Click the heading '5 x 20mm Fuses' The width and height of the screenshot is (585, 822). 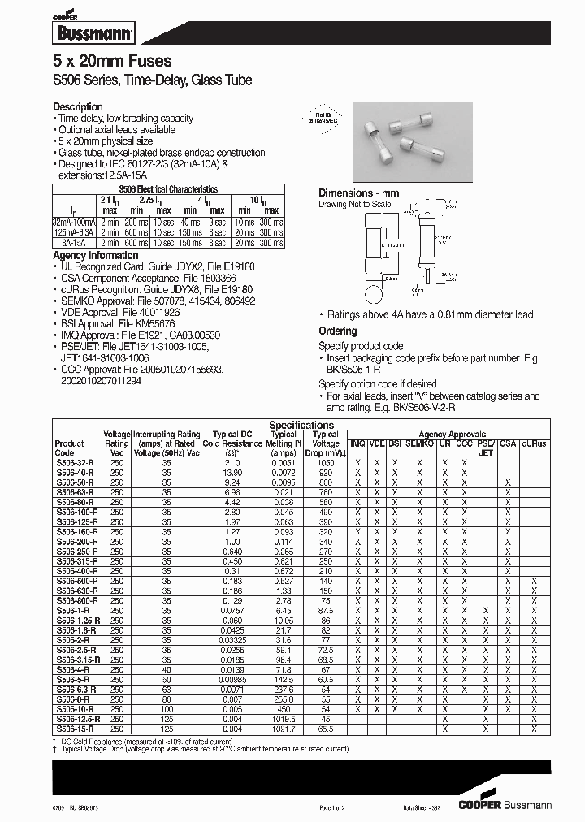(112, 62)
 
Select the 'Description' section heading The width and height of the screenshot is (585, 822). (78, 107)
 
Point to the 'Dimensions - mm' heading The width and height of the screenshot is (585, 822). (358, 193)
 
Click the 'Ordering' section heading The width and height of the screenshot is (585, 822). (337, 331)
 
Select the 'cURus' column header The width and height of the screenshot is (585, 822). (534, 443)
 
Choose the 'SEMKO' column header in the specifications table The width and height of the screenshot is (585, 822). (419, 443)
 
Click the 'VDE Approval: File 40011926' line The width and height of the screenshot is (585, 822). (117, 311)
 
